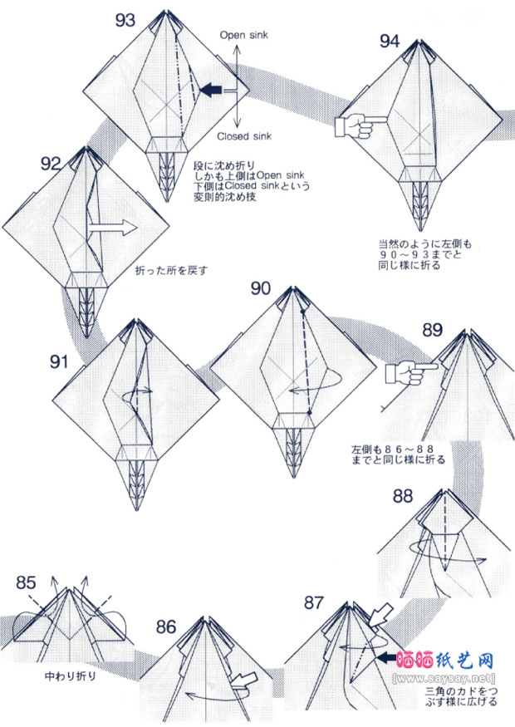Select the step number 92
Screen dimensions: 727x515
51,163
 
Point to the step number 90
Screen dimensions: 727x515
260,288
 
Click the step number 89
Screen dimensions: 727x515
432,329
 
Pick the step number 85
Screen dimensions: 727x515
26,582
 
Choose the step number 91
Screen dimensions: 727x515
58,361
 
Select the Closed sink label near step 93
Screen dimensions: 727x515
244,136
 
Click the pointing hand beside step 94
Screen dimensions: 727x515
352,125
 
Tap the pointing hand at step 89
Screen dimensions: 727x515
405,373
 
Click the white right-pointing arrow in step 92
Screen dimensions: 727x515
112,227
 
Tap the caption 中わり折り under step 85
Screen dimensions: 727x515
70,675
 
